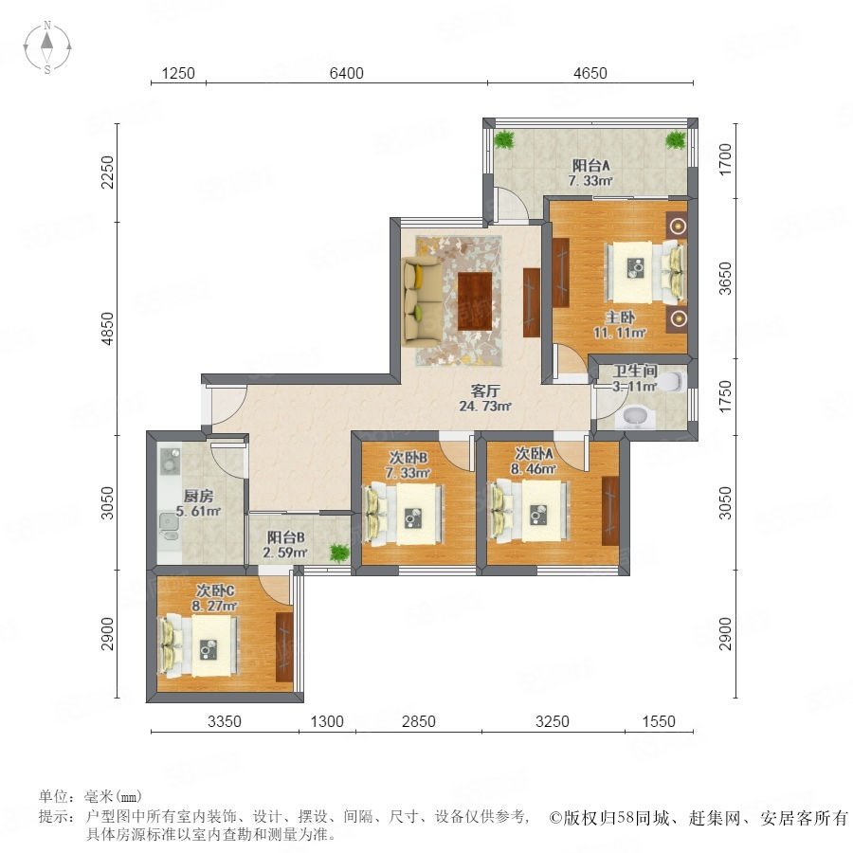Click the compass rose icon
coord(47,46)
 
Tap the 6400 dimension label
coord(347,73)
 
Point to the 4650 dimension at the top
coord(590,73)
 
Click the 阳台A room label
coord(590,165)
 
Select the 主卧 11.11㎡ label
coord(620,324)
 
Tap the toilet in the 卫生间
coord(675,381)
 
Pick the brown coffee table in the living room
coord(475,300)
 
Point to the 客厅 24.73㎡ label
coord(485,398)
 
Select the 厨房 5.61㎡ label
coord(198,504)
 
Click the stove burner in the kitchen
coord(170,460)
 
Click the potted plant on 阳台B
coord(339,553)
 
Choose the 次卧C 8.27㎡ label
coord(214,598)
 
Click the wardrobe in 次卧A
coord(610,511)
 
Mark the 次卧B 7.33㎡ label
coord(408,465)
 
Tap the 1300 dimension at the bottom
coord(327,721)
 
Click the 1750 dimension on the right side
coord(725,396)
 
